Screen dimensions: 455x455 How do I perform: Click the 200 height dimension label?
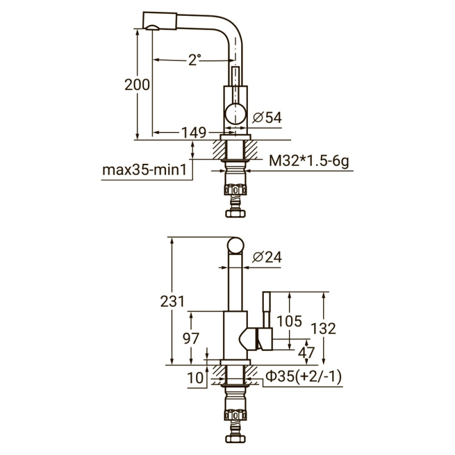tap(137, 85)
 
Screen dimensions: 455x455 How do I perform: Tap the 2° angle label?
tap(195, 60)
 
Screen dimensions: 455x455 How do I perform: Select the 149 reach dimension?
tap(193, 133)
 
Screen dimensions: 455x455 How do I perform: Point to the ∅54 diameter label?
tap(266, 117)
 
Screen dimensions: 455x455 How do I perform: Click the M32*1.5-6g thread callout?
tap(308, 162)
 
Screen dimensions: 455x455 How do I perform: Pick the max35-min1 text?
tap(144, 170)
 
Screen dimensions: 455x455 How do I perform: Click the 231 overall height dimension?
tap(172, 301)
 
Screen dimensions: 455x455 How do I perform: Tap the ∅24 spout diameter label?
tap(266, 257)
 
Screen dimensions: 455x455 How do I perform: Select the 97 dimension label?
tap(191, 338)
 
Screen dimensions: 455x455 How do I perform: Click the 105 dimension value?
tap(289, 321)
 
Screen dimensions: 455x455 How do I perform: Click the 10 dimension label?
tap(194, 377)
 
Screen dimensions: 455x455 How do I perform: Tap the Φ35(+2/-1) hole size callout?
tap(304, 376)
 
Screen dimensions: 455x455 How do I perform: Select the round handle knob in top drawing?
tap(235, 114)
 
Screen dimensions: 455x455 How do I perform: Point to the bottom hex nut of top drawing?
tap(235, 213)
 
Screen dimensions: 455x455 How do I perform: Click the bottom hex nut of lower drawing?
tap(235, 440)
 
